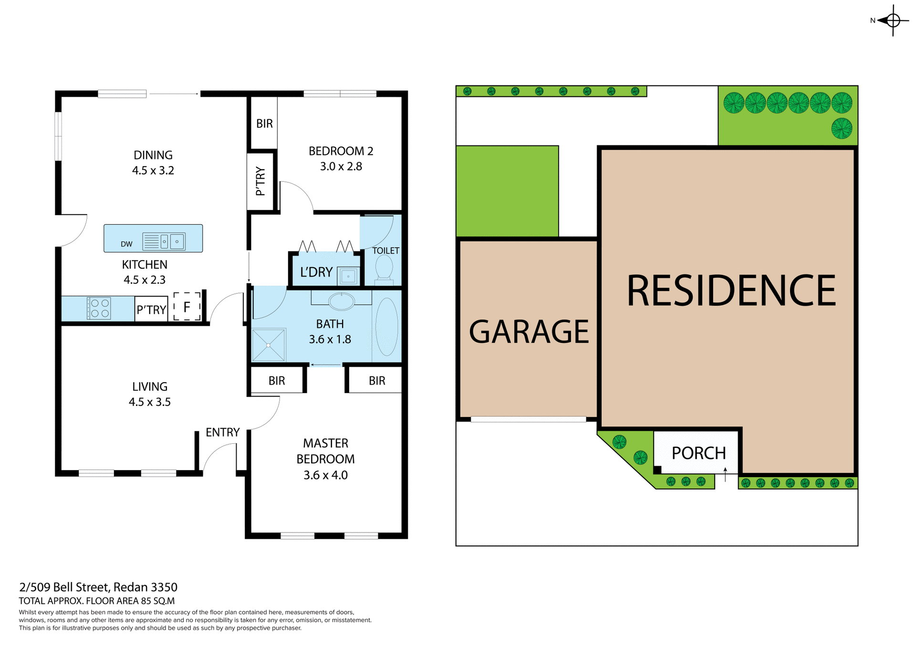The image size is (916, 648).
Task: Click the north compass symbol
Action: [893, 21]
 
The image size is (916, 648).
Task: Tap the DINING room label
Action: [153, 155]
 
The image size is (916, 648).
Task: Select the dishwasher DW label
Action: [126, 244]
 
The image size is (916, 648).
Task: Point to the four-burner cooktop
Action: [99, 308]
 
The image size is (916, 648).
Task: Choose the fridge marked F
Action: [187, 307]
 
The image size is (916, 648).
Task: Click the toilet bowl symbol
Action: [384, 268]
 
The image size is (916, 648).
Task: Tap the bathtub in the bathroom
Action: [386, 326]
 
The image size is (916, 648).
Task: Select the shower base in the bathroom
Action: [269, 345]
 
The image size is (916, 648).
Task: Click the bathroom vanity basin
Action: [342, 301]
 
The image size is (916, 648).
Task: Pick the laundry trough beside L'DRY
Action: [348, 276]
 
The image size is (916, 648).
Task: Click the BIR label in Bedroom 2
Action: [264, 124]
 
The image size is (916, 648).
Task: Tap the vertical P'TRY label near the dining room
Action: [260, 181]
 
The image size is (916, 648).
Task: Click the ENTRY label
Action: [222, 432]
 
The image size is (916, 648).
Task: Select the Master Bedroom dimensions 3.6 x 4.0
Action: [325, 475]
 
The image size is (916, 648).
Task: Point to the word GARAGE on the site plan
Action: [529, 332]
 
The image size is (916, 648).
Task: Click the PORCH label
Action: [698, 453]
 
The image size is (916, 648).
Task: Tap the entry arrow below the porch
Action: [725, 474]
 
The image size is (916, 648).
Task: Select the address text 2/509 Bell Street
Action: [98, 587]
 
